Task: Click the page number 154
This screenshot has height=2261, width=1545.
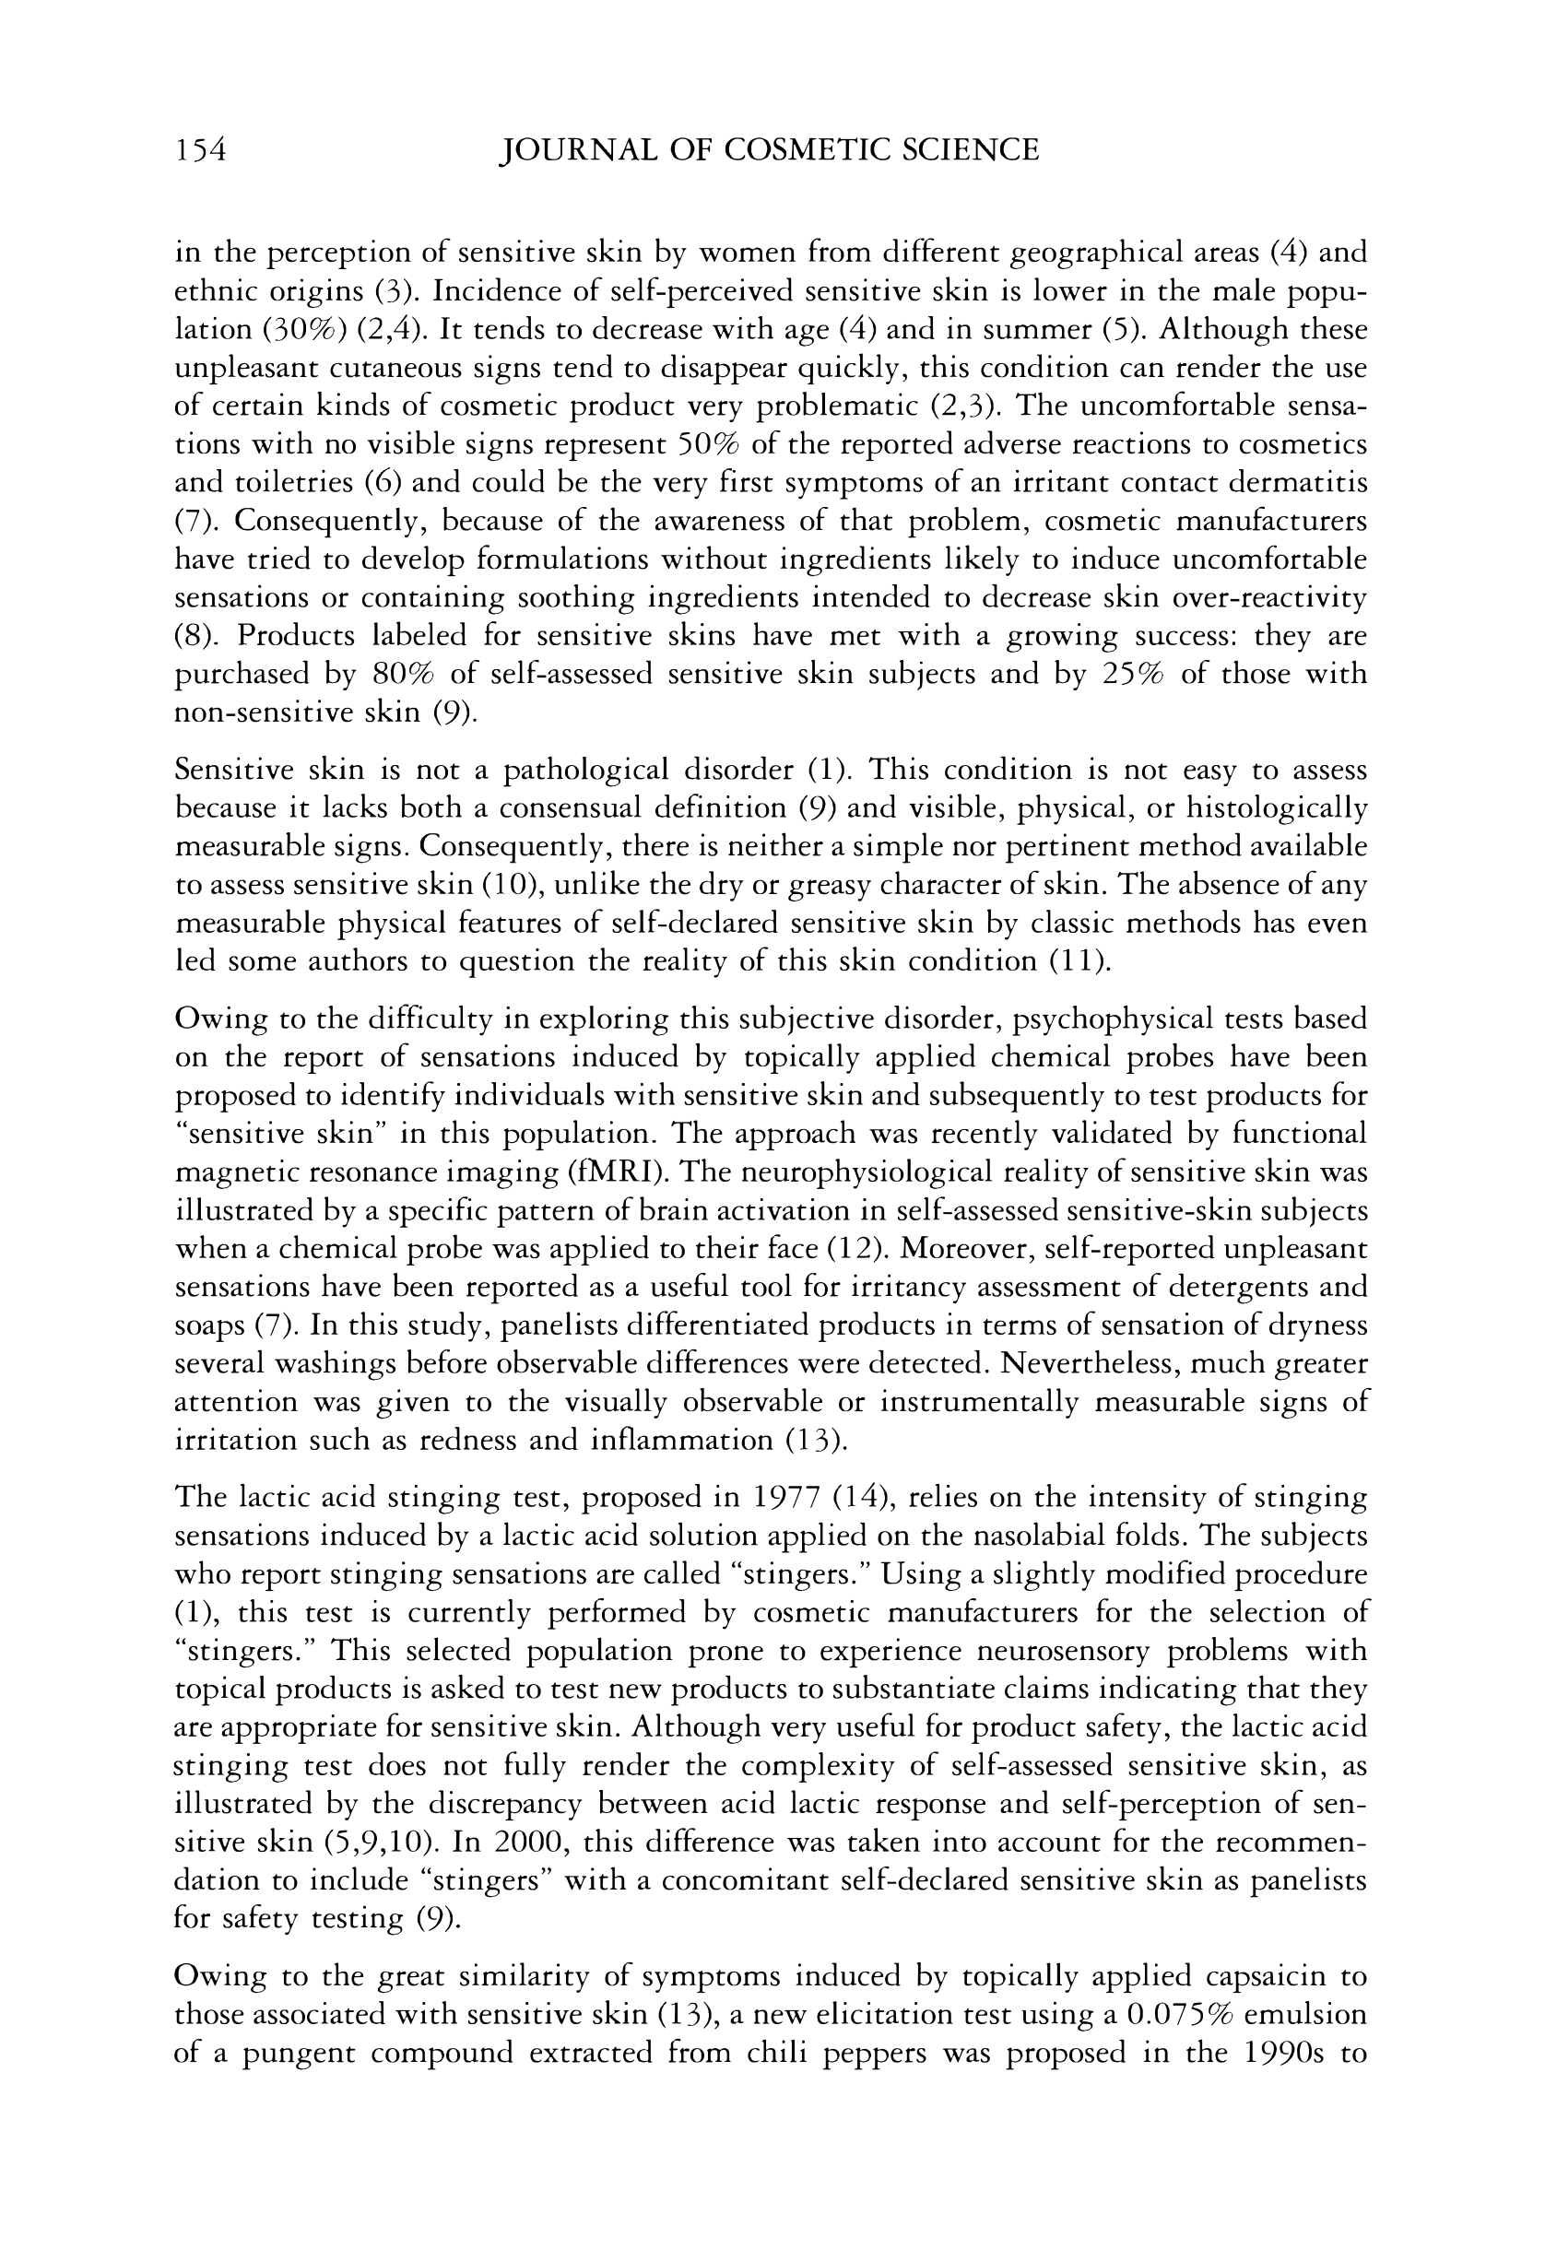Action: coord(200,150)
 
